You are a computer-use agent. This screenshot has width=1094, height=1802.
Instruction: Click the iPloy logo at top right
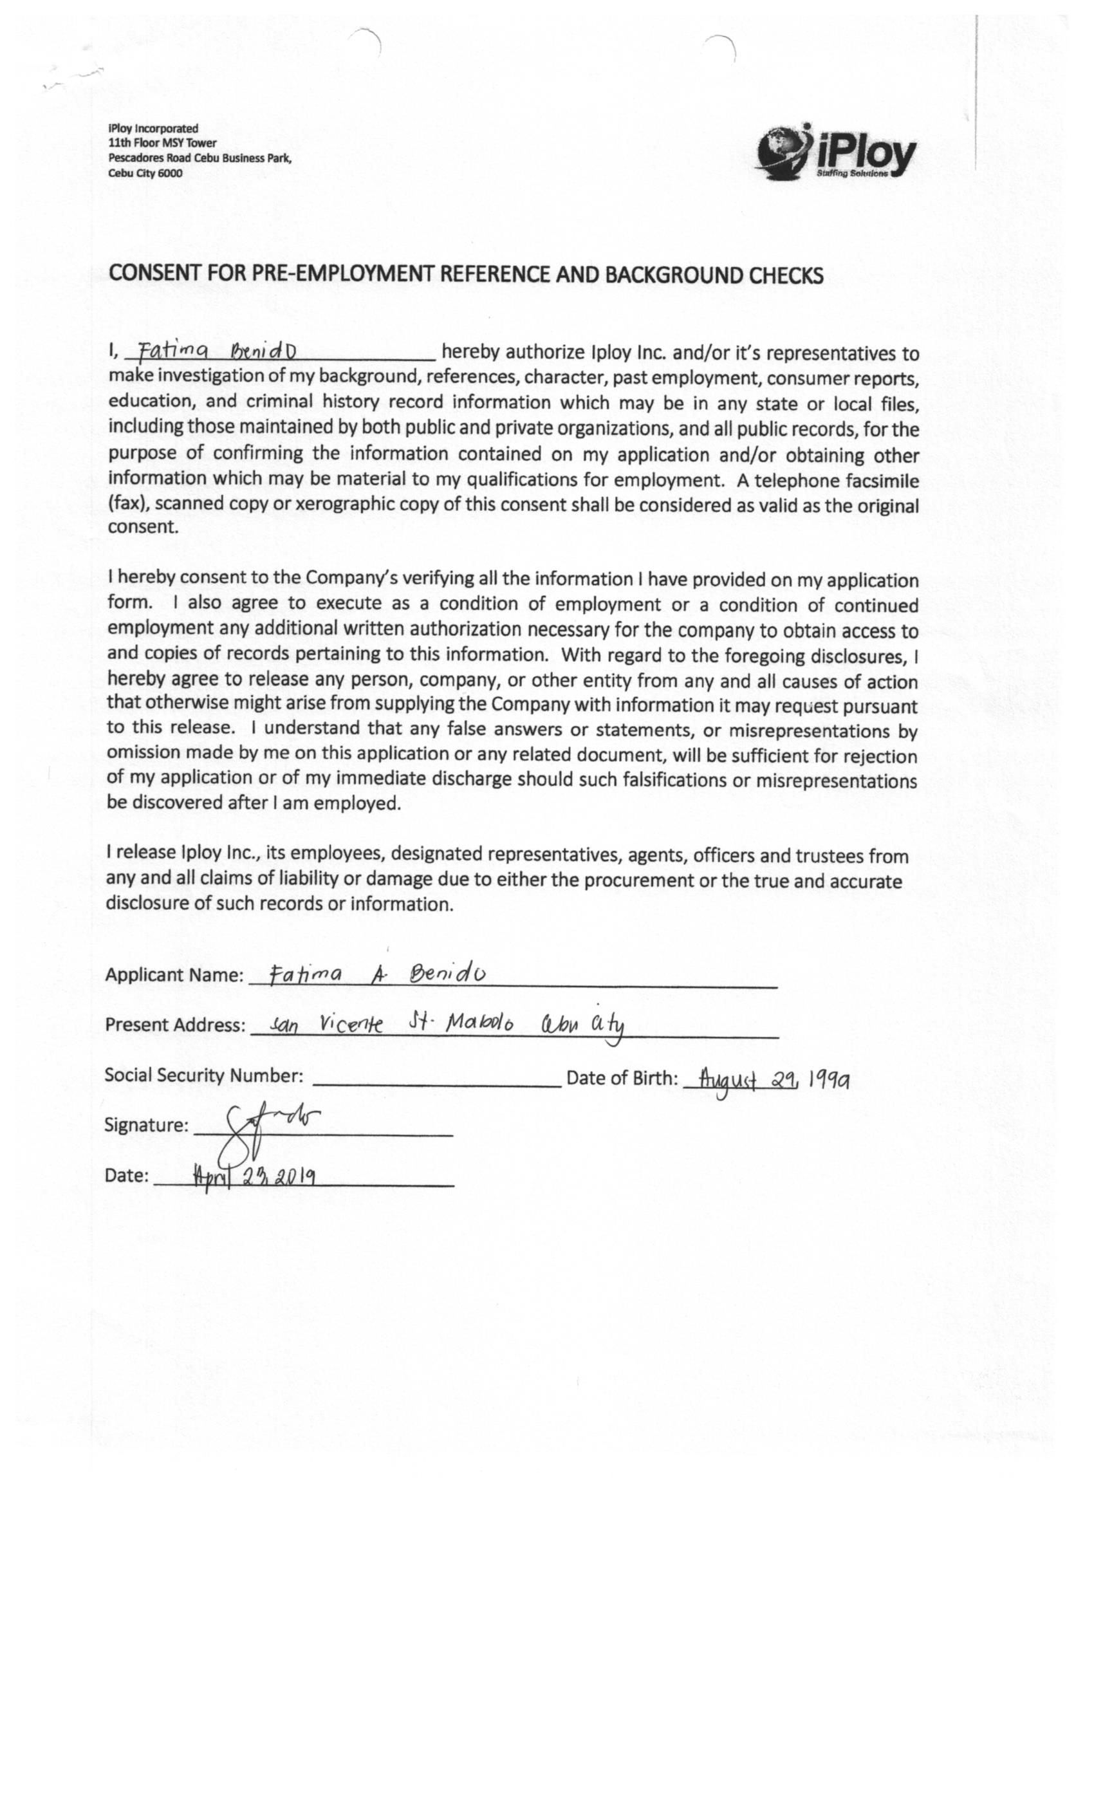pos(835,151)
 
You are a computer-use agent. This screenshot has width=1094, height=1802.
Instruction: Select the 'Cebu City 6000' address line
pos(145,173)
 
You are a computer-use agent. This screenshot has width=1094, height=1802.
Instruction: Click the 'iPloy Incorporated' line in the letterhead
pos(153,128)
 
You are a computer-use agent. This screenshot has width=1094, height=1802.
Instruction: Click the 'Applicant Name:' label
pos(174,975)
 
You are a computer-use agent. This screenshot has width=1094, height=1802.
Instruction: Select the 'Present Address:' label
pos(175,1025)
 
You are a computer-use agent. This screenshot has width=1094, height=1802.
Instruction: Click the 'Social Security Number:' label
pos(203,1075)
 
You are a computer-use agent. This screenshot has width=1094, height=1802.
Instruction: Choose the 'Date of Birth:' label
pos(622,1078)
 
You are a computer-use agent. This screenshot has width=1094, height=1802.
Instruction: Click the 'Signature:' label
pos(146,1125)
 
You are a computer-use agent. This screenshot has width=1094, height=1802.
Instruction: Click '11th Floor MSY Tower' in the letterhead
pos(162,143)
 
